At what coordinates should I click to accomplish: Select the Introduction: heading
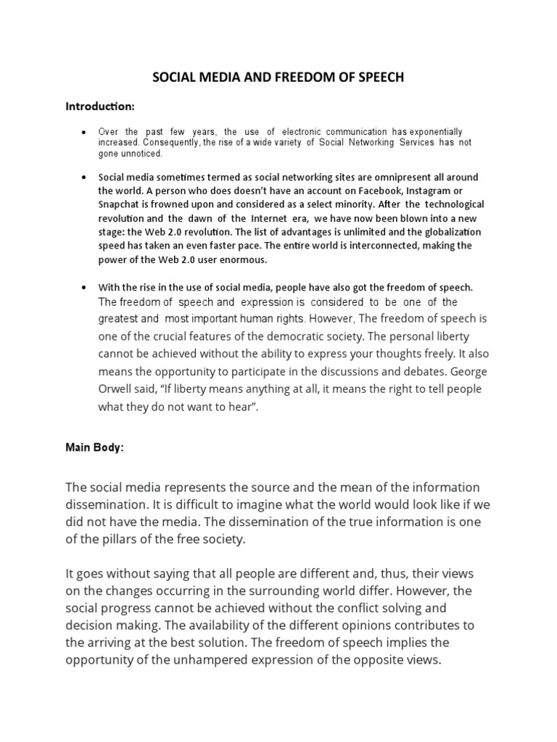tap(100, 107)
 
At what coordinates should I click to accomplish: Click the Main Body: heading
tap(94, 448)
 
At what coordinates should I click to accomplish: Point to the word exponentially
tap(436, 132)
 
